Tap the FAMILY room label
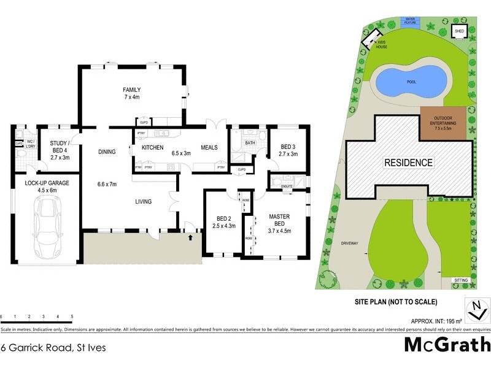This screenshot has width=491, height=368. (x=132, y=93)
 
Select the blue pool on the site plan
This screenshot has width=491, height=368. (x=410, y=81)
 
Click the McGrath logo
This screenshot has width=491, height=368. (x=447, y=345)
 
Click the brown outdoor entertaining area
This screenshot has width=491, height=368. (x=444, y=123)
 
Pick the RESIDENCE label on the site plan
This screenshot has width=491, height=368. (x=409, y=163)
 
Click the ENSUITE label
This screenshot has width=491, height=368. (x=286, y=186)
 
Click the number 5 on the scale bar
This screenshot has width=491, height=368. (x=72, y=316)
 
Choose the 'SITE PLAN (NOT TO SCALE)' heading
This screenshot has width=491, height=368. (x=396, y=302)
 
